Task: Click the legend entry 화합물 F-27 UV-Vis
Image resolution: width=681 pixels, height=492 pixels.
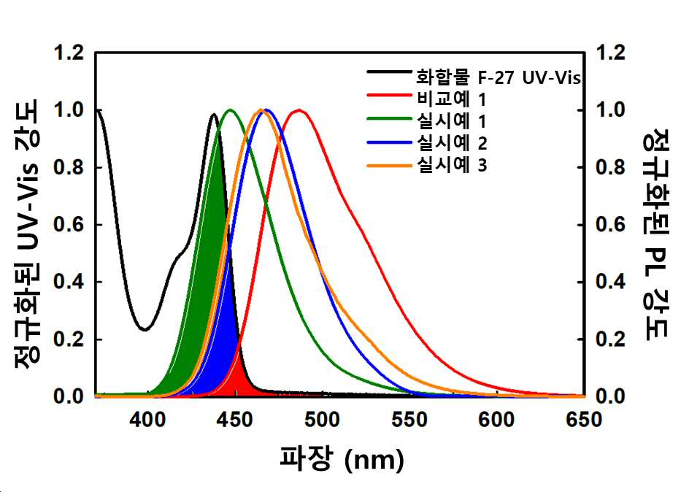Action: tap(498, 77)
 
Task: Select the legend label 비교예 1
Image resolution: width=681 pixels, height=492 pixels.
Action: tap(451, 100)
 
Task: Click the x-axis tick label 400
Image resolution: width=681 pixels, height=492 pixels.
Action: tap(147, 420)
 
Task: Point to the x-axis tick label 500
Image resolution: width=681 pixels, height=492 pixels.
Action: tap(322, 420)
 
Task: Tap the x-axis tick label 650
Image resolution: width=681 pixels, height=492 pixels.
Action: tap(584, 420)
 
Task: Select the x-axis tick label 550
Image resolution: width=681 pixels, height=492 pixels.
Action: tap(409, 420)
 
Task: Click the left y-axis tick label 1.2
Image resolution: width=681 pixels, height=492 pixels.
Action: tap(69, 53)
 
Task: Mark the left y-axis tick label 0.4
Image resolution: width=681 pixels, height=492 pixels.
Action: tap(69, 282)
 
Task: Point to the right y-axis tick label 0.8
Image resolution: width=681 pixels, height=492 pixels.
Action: tap(611, 168)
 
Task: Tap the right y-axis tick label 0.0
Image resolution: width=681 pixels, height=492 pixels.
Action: tap(611, 396)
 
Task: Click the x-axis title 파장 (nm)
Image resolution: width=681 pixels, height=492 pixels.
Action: tap(342, 459)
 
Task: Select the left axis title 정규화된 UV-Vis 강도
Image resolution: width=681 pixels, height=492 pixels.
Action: tap(27, 234)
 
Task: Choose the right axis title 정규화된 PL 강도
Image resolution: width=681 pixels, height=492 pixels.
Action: tap(655, 234)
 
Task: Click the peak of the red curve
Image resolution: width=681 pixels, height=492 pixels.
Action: tap(299, 110)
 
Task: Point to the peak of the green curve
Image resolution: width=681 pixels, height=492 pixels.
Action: tap(230, 110)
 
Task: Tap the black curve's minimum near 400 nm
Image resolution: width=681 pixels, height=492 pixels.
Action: tap(145, 329)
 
